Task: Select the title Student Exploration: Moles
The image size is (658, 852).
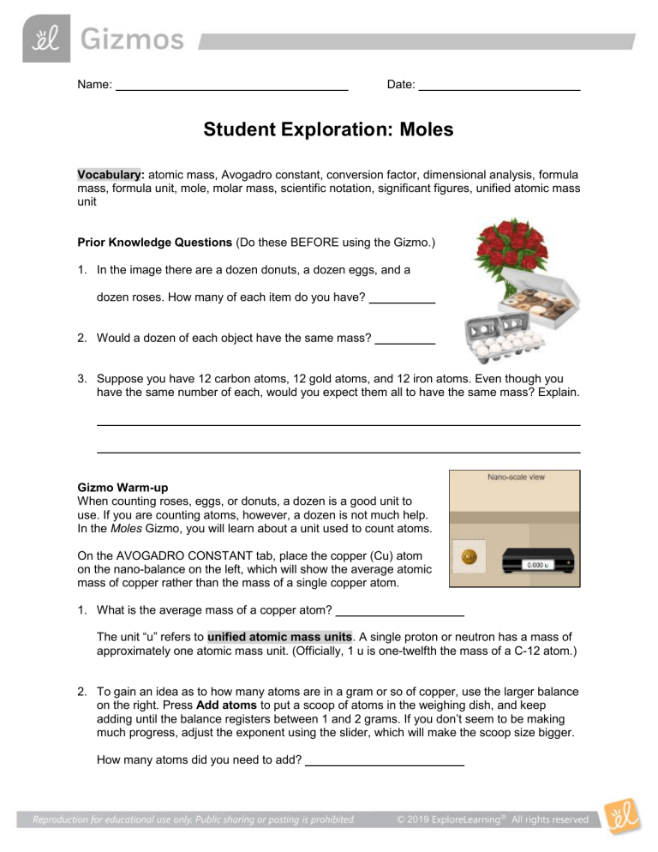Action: click(328, 130)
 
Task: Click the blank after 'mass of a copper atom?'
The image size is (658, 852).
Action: click(399, 614)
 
